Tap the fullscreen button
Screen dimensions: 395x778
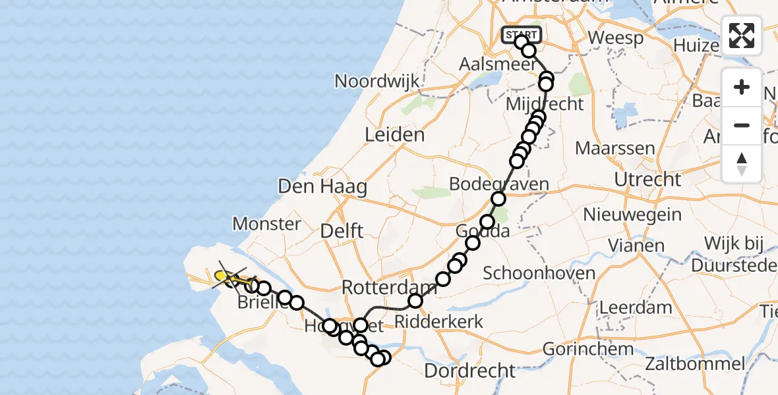click(742, 36)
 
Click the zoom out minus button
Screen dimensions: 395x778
click(742, 125)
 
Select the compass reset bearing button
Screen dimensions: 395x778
click(742, 163)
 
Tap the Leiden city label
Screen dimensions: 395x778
click(396, 136)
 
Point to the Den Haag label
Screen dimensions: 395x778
click(322, 186)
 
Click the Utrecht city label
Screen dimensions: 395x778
click(647, 179)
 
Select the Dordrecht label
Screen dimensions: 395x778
click(469, 370)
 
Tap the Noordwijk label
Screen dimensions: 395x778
click(377, 82)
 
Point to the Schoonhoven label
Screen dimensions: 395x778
click(539, 273)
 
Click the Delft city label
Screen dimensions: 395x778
click(342, 231)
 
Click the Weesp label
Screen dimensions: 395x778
click(615, 38)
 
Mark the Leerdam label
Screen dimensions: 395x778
click(636, 307)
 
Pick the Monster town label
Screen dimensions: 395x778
click(267, 224)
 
